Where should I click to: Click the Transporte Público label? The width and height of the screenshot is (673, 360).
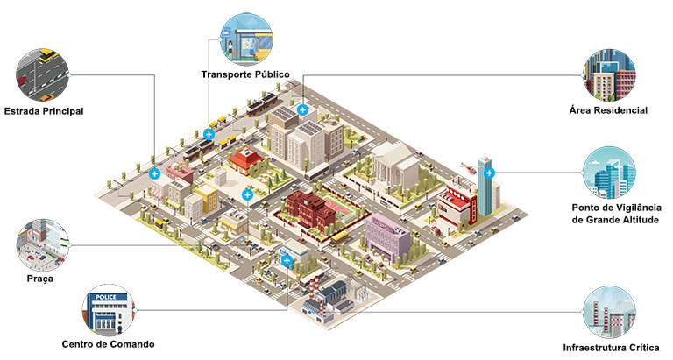click(x=245, y=74)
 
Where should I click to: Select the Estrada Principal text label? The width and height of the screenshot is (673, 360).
click(x=44, y=111)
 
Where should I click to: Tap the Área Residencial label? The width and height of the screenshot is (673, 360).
click(x=608, y=110)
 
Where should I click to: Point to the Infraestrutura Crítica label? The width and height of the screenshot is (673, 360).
click(x=611, y=348)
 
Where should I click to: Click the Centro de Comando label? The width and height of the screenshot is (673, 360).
click(x=108, y=344)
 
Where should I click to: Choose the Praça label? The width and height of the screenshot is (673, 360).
click(x=40, y=279)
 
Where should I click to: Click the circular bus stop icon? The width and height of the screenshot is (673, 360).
click(x=246, y=39)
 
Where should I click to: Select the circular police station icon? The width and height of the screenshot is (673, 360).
click(x=108, y=310)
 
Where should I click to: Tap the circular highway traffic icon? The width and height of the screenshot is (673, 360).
click(x=42, y=74)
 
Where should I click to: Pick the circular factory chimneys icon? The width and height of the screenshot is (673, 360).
click(x=610, y=313)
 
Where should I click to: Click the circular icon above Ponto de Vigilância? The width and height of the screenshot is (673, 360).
click(x=610, y=173)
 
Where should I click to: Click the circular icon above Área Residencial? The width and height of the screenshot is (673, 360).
click(x=610, y=74)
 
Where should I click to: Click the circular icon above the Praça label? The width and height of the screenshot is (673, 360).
click(x=42, y=245)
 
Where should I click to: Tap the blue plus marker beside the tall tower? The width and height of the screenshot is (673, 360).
click(x=489, y=173)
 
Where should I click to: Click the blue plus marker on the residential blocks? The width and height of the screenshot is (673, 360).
click(x=302, y=109)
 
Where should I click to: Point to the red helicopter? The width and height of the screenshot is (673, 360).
click(x=468, y=167)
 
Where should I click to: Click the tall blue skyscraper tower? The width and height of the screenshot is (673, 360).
click(x=485, y=186)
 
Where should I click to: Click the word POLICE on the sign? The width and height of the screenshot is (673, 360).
click(x=105, y=297)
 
